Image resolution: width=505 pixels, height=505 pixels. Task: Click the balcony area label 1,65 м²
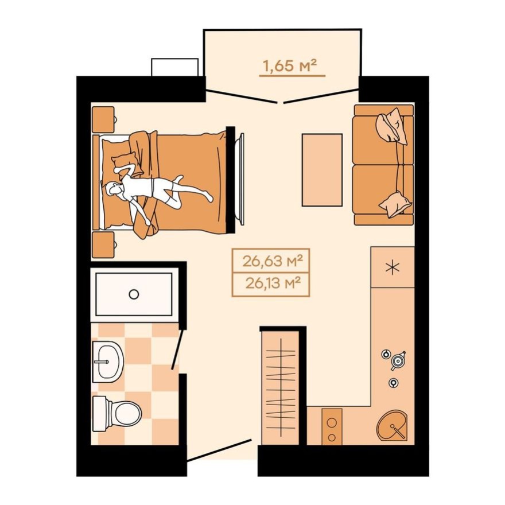tap(290, 66)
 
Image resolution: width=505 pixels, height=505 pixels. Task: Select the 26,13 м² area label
tap(271, 283)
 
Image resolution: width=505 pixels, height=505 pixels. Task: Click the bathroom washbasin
tap(108, 362)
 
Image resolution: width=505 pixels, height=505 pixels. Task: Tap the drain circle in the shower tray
tap(134, 294)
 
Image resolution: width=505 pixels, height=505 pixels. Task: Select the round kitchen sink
tap(392, 425)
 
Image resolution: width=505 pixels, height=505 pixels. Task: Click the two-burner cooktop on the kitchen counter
tap(332, 427)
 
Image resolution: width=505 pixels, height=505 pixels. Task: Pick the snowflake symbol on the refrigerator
tap(393, 267)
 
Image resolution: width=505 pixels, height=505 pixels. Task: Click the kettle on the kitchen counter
tap(397, 360)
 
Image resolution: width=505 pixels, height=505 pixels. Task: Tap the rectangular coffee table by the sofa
tap(322, 170)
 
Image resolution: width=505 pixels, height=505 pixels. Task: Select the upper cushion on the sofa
tap(392, 126)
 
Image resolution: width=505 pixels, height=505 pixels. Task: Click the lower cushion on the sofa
tap(394, 203)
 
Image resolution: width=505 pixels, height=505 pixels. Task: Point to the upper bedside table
tap(104, 119)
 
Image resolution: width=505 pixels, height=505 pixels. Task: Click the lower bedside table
tap(104, 244)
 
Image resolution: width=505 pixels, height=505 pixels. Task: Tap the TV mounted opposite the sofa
tap(242, 178)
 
